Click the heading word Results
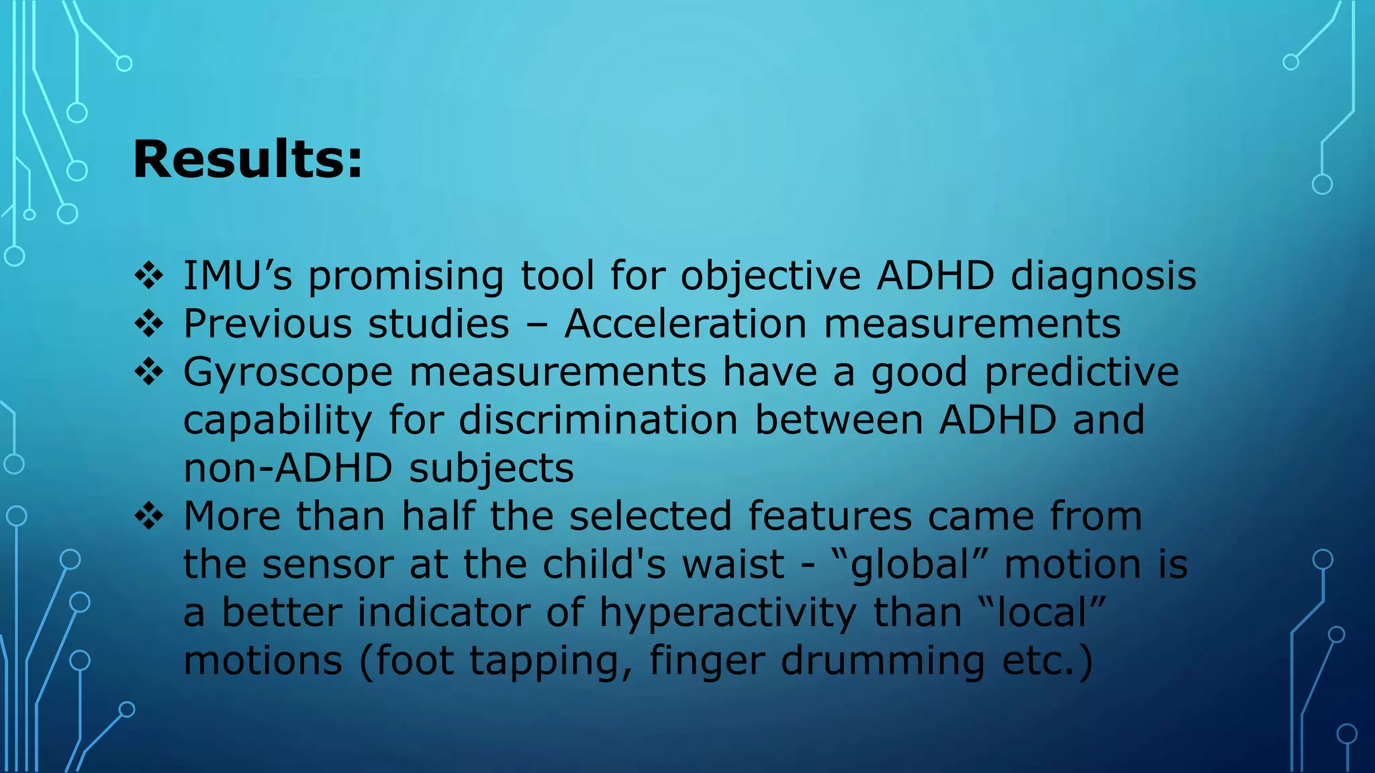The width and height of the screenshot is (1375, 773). [x=247, y=160]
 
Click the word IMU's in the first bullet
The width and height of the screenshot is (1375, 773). [x=238, y=276]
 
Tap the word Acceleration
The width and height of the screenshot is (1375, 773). [x=685, y=324]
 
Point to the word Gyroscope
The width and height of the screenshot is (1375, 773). [x=287, y=373]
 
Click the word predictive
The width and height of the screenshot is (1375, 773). [x=1081, y=372]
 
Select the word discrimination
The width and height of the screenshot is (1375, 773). [x=598, y=421]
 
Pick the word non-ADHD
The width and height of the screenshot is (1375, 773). [x=288, y=468]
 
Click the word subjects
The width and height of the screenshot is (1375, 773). [x=491, y=469]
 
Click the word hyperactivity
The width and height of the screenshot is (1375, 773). [x=727, y=613]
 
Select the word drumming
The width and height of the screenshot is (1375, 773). [x=883, y=662]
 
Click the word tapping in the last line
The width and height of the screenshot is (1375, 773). [x=550, y=662]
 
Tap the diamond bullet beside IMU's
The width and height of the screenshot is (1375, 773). [x=149, y=276]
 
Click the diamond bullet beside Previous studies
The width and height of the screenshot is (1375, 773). [x=149, y=325]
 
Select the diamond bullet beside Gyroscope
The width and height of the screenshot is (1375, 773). [x=149, y=373]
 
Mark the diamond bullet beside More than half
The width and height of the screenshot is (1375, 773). [x=149, y=517]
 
